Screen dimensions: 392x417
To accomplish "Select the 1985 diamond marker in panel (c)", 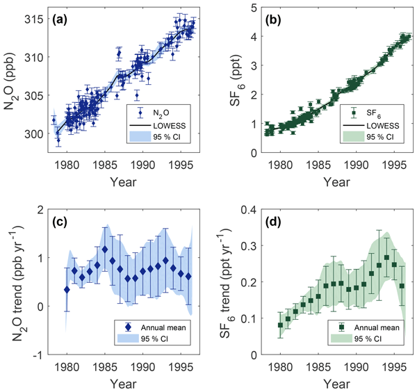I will tap(105, 249).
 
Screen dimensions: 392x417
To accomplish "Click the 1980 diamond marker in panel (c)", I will tap(67, 290).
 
